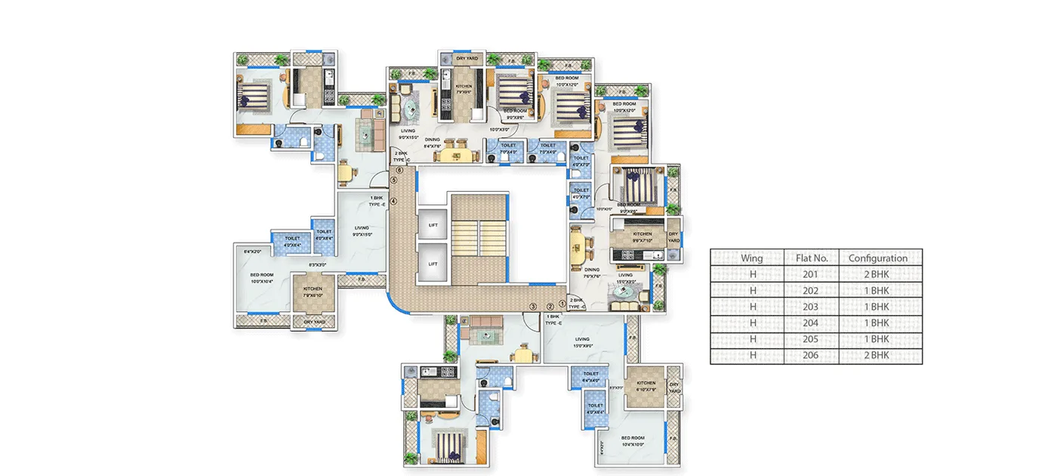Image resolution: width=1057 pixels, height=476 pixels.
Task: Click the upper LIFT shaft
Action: point(433,224)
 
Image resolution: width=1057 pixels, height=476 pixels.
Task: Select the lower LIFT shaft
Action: point(433,264)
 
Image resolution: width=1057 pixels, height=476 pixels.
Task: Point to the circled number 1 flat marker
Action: point(561,304)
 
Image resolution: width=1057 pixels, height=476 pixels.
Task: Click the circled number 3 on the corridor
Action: point(533,306)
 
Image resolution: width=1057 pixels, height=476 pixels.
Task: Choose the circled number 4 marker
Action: point(393,200)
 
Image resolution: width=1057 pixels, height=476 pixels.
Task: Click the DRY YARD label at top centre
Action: point(466,58)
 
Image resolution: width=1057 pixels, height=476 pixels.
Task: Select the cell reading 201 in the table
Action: point(812,274)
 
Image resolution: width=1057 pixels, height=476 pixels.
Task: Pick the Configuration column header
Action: point(877,258)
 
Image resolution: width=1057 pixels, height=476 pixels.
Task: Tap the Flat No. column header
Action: point(812,258)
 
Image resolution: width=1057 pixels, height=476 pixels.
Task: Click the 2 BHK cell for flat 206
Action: point(877,355)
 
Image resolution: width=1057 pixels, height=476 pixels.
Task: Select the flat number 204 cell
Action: point(812,323)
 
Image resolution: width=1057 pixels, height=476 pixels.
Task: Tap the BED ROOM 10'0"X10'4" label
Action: point(262,278)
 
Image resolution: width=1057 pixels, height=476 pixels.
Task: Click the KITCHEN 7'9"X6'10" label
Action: point(313,292)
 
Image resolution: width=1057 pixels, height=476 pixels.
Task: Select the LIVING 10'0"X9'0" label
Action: point(582,342)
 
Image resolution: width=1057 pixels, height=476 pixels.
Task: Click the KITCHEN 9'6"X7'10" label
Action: point(643,237)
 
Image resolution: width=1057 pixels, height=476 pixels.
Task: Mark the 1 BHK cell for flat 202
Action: point(877,290)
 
